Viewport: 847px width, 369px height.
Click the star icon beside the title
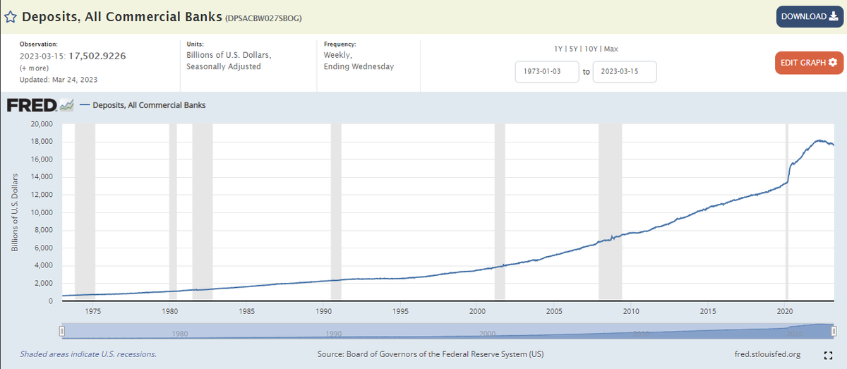pos(11,17)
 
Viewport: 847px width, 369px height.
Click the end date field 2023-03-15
pos(624,72)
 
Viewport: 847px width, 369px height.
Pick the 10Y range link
pos(591,49)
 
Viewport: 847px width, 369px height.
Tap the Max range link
pos(611,49)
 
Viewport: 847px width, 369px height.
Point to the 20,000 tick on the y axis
pos(41,124)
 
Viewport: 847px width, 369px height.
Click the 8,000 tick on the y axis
pos(43,231)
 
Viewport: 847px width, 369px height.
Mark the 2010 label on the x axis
pos(631,311)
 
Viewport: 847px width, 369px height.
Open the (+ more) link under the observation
pos(33,68)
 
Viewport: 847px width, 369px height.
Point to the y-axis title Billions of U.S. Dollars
pos(14,212)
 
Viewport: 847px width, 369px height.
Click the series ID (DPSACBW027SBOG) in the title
pos(263,18)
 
